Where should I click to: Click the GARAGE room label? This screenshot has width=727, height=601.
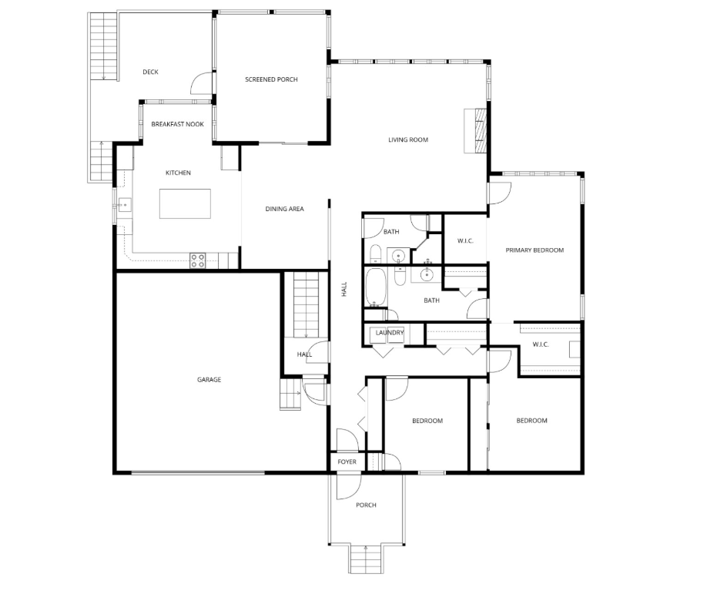coord(209,379)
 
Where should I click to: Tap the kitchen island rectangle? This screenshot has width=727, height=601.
coord(185,203)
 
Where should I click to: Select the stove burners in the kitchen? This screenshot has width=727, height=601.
coord(198,260)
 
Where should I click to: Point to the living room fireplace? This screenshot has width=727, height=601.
coord(475,131)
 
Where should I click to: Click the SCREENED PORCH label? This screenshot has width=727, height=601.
coord(271,79)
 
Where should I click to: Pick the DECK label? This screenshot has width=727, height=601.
coord(150,72)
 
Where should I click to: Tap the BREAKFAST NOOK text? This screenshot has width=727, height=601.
coord(178,124)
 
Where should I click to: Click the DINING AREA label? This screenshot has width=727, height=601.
coord(285,209)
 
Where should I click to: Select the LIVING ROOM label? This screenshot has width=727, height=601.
coord(408,139)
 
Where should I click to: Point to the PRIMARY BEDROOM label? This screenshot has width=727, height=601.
coord(534,250)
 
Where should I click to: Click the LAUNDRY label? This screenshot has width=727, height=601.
coord(390,333)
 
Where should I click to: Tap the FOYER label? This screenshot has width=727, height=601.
coord(347,462)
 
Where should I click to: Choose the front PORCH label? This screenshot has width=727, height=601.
coord(366,505)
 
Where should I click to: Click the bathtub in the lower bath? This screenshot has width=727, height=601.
coord(374,288)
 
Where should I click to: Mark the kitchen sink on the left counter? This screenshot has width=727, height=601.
coord(124,204)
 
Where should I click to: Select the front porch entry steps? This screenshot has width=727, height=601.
coord(366,559)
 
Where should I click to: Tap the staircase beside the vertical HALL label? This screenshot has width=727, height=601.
coord(306,305)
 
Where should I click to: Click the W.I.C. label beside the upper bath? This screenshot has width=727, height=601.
coord(465,240)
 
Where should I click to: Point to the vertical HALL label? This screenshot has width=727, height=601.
coord(344,290)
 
